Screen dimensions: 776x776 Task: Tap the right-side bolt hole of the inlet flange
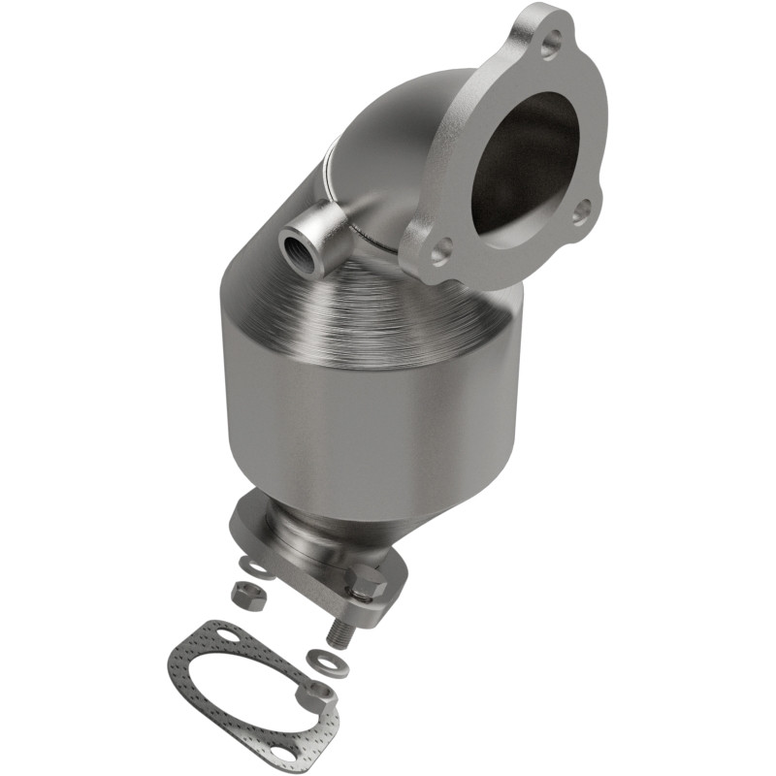pos(583,209)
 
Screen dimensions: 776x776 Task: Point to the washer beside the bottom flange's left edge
pos(255,565)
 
